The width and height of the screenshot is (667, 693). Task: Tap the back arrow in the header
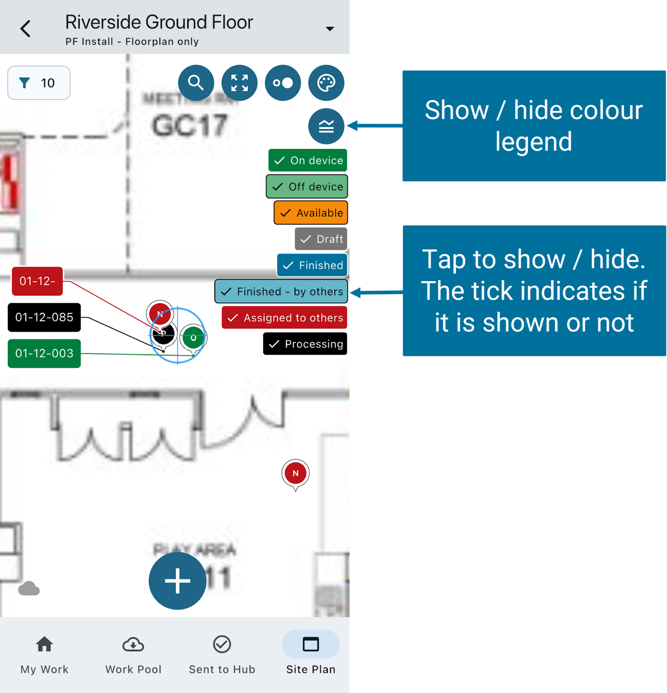pyautogui.click(x=26, y=29)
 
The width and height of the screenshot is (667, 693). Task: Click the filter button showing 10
pyautogui.click(x=39, y=83)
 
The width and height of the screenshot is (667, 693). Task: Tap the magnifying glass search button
pyautogui.click(x=196, y=83)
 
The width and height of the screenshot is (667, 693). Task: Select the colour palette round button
pyautogui.click(x=326, y=83)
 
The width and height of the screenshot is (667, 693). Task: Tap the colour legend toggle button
pyautogui.click(x=326, y=126)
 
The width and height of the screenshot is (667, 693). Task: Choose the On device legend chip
pyautogui.click(x=308, y=160)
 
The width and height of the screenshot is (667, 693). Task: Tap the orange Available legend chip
pyautogui.click(x=311, y=213)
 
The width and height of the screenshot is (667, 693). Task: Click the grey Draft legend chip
pyautogui.click(x=321, y=239)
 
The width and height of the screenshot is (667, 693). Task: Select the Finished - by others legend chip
pyautogui.click(x=282, y=291)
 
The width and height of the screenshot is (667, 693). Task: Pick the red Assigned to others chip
pyautogui.click(x=285, y=318)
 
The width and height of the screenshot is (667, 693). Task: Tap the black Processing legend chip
pyautogui.click(x=305, y=344)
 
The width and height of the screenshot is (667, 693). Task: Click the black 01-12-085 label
pyautogui.click(x=44, y=317)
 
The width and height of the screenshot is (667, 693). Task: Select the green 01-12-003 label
pyautogui.click(x=44, y=353)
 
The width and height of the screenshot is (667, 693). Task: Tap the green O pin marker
pyautogui.click(x=193, y=338)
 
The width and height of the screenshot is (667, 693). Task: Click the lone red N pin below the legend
pyautogui.click(x=295, y=473)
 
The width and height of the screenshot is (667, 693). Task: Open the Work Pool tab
pyautogui.click(x=133, y=654)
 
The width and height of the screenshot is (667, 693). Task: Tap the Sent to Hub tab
pyautogui.click(x=222, y=654)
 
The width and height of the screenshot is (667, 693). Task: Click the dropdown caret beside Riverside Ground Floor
pyautogui.click(x=330, y=29)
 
